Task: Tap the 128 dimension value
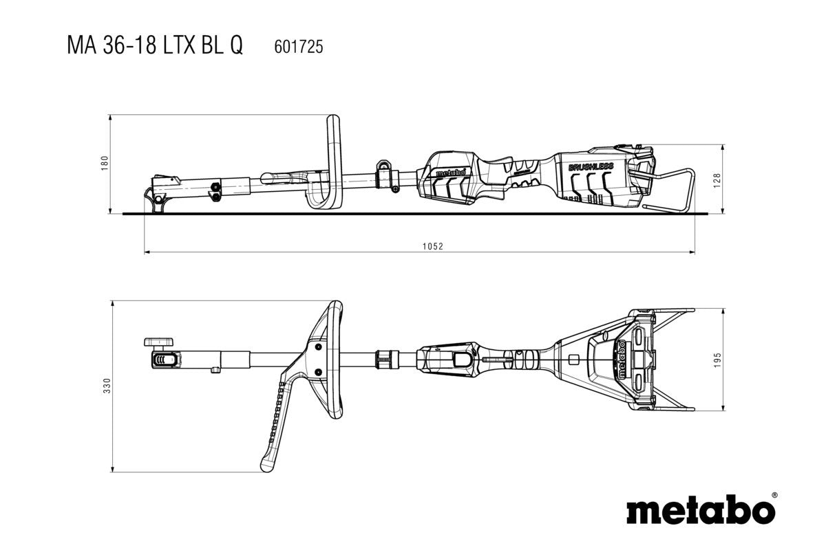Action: pyautogui.click(x=717, y=180)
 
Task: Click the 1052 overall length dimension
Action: pyautogui.click(x=432, y=246)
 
